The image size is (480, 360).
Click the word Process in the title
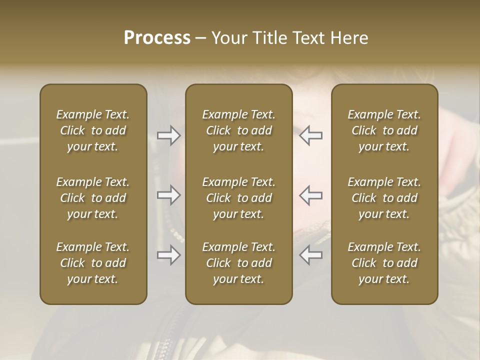pyautogui.click(x=157, y=38)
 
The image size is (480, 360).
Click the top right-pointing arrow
pyautogui.click(x=169, y=135)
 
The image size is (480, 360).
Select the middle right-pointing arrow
pyautogui.click(x=169, y=195)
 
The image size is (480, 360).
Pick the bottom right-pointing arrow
pyautogui.click(x=169, y=255)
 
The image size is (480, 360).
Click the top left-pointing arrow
pyautogui.click(x=310, y=135)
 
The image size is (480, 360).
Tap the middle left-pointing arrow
pyautogui.click(x=310, y=195)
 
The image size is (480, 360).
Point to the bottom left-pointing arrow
pyautogui.click(x=310, y=255)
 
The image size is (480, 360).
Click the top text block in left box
pyautogui.click(x=93, y=130)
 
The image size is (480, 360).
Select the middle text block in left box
pyautogui.click(x=93, y=198)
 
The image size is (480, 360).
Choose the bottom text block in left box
pyautogui.click(x=93, y=263)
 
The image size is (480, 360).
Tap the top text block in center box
pyautogui.click(x=238, y=130)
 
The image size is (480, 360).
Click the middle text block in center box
pyautogui.click(x=238, y=198)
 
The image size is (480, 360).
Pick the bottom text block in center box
pyautogui.click(x=238, y=263)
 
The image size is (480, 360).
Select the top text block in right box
pyautogui.click(x=384, y=130)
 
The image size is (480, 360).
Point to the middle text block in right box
pyautogui.click(x=384, y=198)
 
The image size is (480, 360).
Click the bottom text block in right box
pyautogui.click(x=384, y=263)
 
